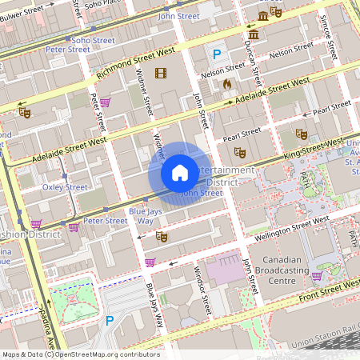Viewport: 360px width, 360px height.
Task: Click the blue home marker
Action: [180, 173]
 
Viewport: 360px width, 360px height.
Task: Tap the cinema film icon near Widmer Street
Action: [162, 74]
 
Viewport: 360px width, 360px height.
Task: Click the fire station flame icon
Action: [227, 83]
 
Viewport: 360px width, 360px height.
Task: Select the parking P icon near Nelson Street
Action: [217, 55]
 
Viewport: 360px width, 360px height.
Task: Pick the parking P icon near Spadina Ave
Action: [110, 321]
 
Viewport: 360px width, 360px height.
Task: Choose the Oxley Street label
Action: [65, 187]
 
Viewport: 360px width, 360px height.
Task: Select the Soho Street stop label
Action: [93, 39]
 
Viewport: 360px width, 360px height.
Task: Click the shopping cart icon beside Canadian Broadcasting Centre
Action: [317, 276]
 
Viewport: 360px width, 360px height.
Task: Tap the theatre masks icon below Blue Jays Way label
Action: [161, 237]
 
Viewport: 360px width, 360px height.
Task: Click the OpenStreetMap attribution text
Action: [80, 354]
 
